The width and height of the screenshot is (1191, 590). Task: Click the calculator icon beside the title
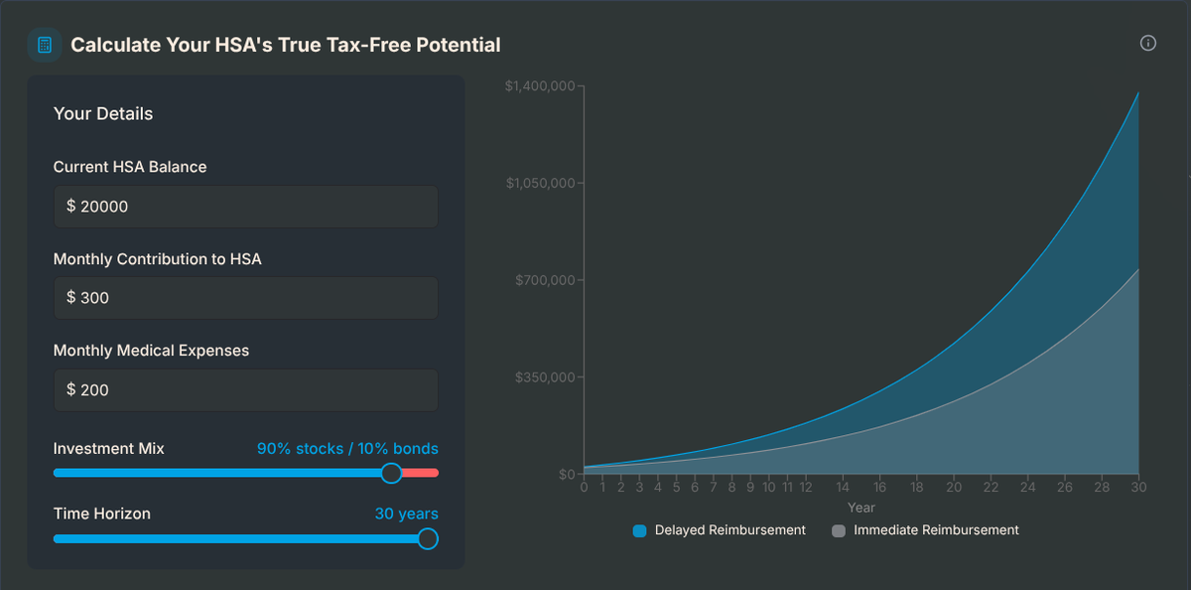click(x=45, y=45)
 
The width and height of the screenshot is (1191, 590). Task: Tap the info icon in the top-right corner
click(x=1148, y=43)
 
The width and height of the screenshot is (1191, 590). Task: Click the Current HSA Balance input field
click(x=245, y=207)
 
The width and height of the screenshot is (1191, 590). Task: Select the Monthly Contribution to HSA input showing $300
click(x=245, y=298)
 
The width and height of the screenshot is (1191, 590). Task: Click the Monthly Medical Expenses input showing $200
click(x=245, y=390)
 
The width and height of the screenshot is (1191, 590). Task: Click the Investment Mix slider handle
click(x=391, y=473)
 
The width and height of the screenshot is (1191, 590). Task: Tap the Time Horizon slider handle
click(x=427, y=538)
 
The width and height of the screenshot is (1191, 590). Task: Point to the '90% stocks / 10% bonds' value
click(x=347, y=449)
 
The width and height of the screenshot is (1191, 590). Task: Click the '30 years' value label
click(x=406, y=514)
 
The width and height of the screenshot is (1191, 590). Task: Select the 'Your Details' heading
click(x=103, y=114)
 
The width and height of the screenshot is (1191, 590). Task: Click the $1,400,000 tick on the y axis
click(x=539, y=86)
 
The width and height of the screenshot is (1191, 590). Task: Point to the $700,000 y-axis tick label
click(x=545, y=280)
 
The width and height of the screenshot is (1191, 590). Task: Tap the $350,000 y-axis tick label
click(x=545, y=377)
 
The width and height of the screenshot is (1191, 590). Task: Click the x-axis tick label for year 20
click(x=954, y=488)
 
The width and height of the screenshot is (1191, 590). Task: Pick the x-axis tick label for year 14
click(x=843, y=488)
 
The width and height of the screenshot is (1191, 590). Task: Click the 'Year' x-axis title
click(x=860, y=508)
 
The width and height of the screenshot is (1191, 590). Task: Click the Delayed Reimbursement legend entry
click(x=720, y=530)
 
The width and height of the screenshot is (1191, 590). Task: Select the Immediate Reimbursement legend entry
click(x=925, y=530)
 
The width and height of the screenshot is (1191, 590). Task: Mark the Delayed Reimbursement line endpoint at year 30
click(x=1138, y=92)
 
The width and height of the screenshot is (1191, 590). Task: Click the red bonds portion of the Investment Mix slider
click(x=421, y=473)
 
